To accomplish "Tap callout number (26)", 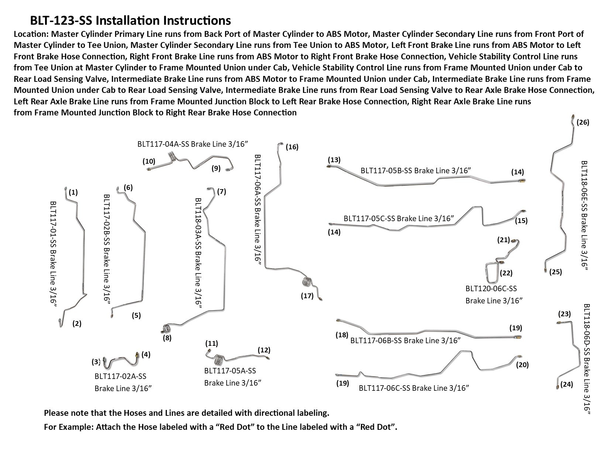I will pyautogui.click(x=583, y=122).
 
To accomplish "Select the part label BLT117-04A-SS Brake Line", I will pyautogui.click(x=191, y=144).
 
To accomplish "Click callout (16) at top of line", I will pyautogui.click(x=292, y=147).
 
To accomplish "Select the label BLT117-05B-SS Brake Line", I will pyautogui.click(x=416, y=170).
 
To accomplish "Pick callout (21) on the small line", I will pyautogui.click(x=503, y=240).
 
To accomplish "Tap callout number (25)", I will pyautogui.click(x=555, y=272).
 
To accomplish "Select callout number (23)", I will pyautogui.click(x=564, y=314).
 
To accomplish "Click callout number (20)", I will pyautogui.click(x=522, y=365).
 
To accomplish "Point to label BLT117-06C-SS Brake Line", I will pyautogui.click(x=414, y=388).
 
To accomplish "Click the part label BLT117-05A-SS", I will pyautogui.click(x=230, y=371).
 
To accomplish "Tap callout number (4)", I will pyautogui.click(x=146, y=355).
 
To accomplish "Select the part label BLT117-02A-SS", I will pyautogui.click(x=120, y=376).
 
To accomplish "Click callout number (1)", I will pyautogui.click(x=73, y=192).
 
